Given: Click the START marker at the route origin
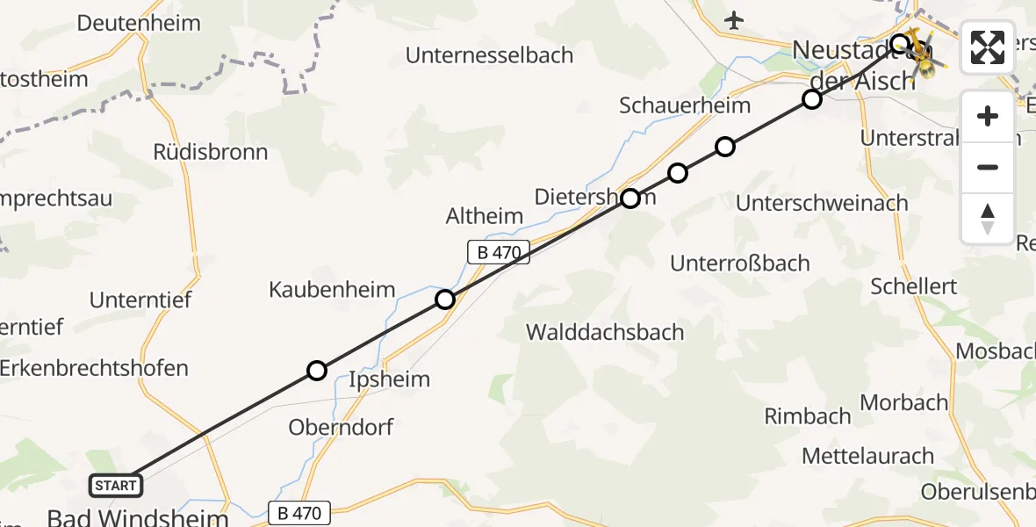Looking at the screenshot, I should coord(115,485).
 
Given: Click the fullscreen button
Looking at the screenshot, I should coord(988,47).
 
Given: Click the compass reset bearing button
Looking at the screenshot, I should coord(988,218).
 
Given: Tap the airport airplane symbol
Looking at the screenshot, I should coord(735,19).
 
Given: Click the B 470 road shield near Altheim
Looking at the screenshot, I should coord(498,253).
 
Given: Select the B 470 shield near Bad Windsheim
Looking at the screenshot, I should coord(300,512).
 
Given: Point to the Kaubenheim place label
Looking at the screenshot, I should coord(332,290).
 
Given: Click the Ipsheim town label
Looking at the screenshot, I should coord(390,379).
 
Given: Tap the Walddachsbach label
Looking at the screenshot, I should coord(605,332).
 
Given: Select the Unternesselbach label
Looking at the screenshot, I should coord(489,55).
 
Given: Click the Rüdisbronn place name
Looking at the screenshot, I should coord(210,152).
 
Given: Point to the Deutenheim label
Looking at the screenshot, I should coord(139,23).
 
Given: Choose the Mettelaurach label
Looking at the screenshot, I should coord(867,456).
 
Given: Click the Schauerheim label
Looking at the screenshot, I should coord(685,105).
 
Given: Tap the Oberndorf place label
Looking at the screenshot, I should coord(341,427).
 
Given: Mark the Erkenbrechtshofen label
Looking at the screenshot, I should coord(93,367).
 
